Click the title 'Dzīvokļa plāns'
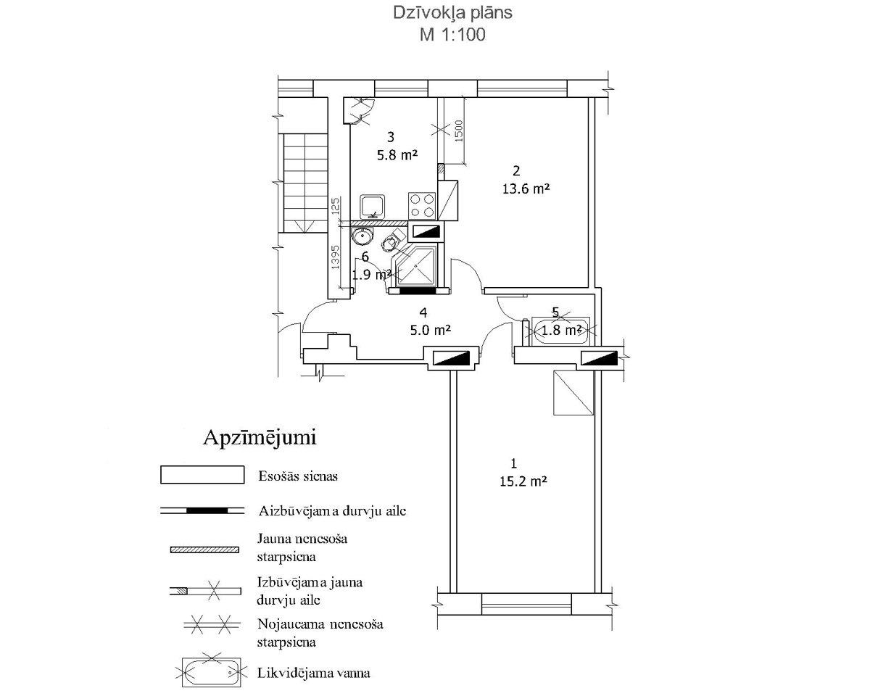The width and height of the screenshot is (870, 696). click(x=452, y=13)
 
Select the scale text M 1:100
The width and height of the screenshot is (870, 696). click(x=452, y=35)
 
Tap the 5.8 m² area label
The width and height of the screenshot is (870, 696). click(x=397, y=155)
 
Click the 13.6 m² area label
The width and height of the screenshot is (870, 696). click(x=526, y=188)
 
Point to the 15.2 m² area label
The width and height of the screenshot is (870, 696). click(x=523, y=481)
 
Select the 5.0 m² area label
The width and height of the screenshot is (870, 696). click(x=430, y=331)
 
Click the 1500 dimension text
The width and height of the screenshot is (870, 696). click(x=459, y=131)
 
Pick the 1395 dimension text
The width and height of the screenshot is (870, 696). click(x=335, y=257)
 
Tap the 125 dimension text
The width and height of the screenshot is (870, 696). click(x=335, y=206)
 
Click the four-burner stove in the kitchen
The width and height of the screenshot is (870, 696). click(x=422, y=205)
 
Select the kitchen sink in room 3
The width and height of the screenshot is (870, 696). click(x=373, y=207)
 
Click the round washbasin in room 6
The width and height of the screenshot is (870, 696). click(x=362, y=236)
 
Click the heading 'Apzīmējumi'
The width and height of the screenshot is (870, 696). click(x=260, y=439)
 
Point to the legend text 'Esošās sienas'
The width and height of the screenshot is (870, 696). click(x=298, y=476)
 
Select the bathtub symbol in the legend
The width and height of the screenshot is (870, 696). click(x=212, y=673)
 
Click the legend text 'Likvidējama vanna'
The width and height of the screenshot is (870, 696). click(x=314, y=674)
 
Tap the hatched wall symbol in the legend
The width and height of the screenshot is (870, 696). click(x=204, y=550)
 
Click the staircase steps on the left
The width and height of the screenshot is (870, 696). click(x=305, y=183)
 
